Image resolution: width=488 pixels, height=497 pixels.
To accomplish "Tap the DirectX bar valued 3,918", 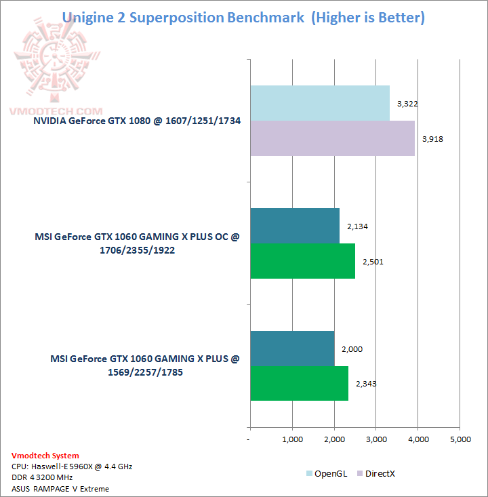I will pyautogui.click(x=332, y=138).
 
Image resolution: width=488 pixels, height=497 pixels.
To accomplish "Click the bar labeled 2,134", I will pyautogui.click(x=295, y=226).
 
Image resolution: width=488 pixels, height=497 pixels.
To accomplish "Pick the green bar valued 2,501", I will pyautogui.click(x=302, y=261).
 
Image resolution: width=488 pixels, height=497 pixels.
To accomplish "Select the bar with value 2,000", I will pyautogui.click(x=292, y=349).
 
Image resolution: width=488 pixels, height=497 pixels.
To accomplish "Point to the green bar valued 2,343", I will pyautogui.click(x=299, y=383).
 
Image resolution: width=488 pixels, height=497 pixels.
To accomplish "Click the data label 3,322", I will pyautogui.click(x=405, y=104).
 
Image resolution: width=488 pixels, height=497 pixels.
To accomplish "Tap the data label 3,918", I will pyautogui.click(x=430, y=139).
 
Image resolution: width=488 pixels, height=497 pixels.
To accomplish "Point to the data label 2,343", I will pyautogui.click(x=365, y=384).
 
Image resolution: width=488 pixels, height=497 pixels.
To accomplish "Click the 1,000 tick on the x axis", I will pyautogui.click(x=292, y=439).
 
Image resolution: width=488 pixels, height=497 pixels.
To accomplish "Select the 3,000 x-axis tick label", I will pyautogui.click(x=376, y=439).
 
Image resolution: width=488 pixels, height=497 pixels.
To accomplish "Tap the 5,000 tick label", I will pyautogui.click(x=460, y=439).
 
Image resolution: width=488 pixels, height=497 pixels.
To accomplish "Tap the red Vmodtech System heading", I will pyautogui.click(x=45, y=456).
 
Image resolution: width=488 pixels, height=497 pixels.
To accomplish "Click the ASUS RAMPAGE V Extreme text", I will pyautogui.click(x=60, y=488).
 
